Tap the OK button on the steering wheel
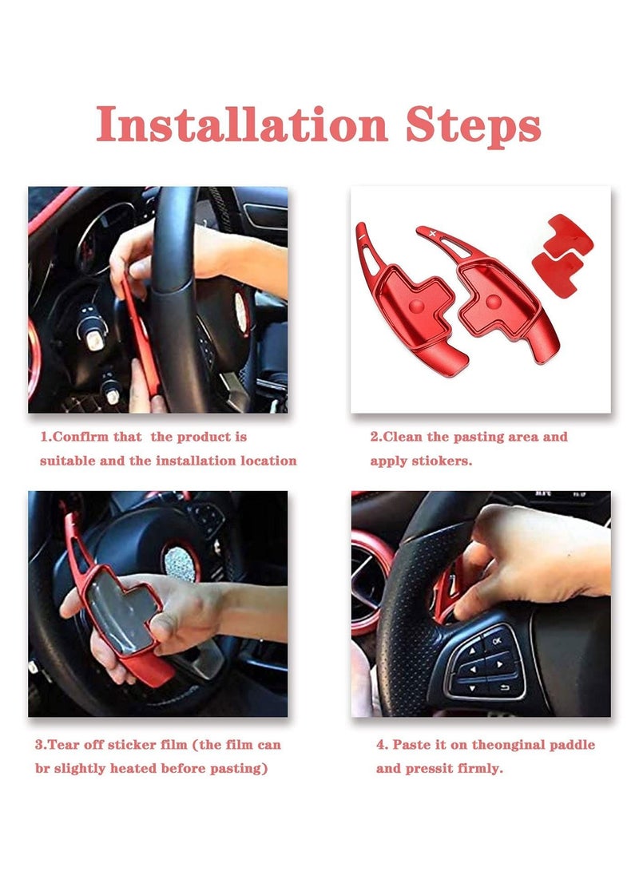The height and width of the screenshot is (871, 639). (x=495, y=639)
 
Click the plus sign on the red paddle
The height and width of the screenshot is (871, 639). (x=433, y=232)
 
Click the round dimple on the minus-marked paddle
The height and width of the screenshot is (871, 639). (x=417, y=306)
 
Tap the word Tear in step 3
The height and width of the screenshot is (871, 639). (x=69, y=746)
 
